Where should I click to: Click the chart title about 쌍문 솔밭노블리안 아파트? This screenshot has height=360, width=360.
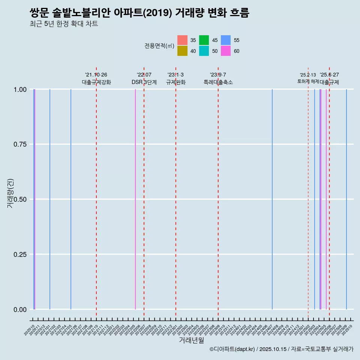click(x=139, y=13)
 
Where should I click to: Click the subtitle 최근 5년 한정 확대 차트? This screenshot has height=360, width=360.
click(x=64, y=24)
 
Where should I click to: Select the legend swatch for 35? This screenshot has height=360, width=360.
click(x=182, y=40)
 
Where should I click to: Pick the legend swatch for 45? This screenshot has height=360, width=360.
click(x=204, y=40)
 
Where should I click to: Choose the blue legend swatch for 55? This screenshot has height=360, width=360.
click(x=226, y=40)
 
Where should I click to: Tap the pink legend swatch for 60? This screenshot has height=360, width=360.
click(x=226, y=51)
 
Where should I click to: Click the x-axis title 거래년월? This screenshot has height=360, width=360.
click(x=191, y=340)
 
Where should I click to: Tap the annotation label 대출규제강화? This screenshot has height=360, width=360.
click(x=96, y=82)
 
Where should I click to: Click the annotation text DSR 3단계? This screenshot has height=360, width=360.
click(x=144, y=82)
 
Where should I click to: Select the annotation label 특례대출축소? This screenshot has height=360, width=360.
click(x=218, y=82)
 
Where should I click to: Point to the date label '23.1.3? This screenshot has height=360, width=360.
click(x=175, y=75)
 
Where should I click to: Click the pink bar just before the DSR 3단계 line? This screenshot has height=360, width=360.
click(x=135, y=199)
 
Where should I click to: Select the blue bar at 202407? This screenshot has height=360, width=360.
click(x=272, y=199)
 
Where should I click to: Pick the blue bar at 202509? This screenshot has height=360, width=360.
click(x=346, y=199)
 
